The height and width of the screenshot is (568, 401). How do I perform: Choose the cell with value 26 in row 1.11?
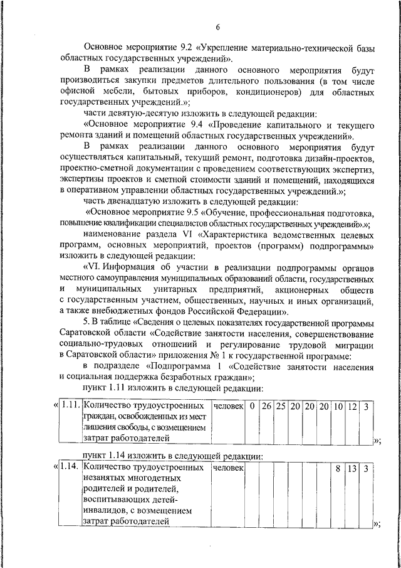tap(266, 407)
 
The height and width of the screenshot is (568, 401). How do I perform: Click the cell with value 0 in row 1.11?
tap(251, 407)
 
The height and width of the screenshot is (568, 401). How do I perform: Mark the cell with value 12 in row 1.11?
tap(352, 407)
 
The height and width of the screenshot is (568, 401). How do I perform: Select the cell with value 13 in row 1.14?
tap(352, 468)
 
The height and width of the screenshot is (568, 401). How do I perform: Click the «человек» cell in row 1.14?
tap(227, 468)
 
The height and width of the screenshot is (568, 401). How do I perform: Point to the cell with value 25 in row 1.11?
tap(281, 407)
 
